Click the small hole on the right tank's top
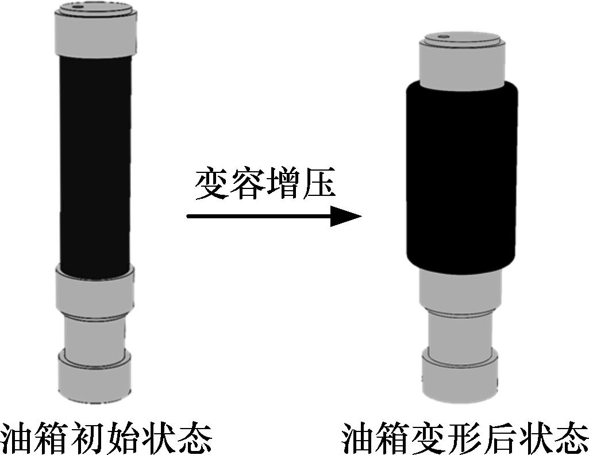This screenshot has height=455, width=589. point(443,36)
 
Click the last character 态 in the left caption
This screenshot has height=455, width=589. point(196,438)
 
